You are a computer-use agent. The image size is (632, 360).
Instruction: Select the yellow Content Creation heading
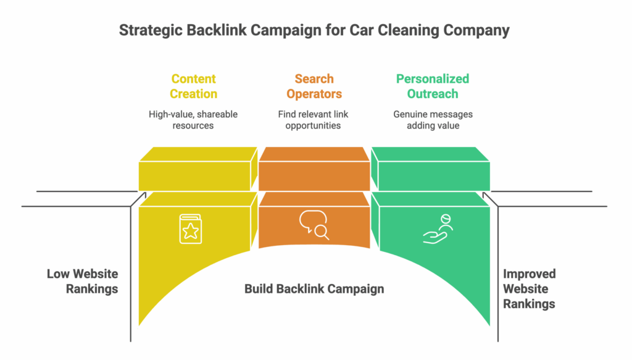pos(194,86)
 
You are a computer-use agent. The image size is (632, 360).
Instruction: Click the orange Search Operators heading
pos(314,86)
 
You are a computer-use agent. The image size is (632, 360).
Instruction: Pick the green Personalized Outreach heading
pos(432,86)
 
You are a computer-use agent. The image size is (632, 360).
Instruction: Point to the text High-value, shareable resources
pos(193,120)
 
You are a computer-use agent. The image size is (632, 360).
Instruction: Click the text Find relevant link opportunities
pos(314,120)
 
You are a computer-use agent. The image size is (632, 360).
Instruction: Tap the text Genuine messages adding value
pos(433,120)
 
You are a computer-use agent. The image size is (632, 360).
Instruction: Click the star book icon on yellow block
pos(190,228)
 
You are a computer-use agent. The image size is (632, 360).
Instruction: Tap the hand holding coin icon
pos(437,229)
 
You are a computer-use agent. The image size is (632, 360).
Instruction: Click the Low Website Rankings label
pos(82,281)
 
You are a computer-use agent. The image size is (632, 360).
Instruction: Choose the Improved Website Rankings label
pos(530,288)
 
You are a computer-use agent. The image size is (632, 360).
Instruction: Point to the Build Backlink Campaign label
pos(314,288)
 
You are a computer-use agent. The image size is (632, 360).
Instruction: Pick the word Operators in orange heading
pos(314,94)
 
